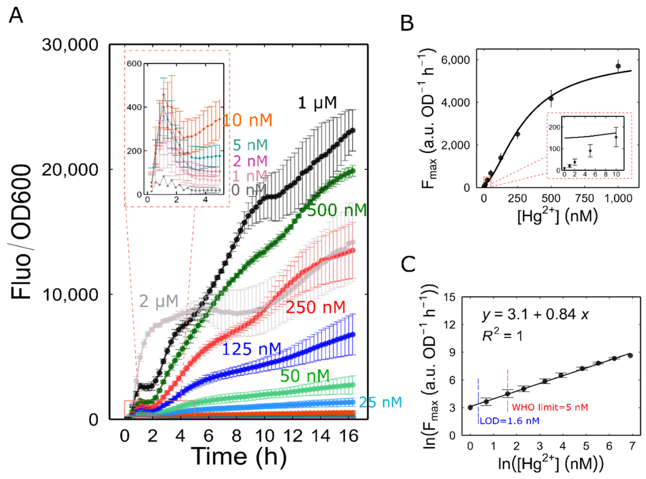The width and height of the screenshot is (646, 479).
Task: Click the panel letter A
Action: tap(16, 16)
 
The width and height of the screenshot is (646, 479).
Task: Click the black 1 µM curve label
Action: tap(317, 103)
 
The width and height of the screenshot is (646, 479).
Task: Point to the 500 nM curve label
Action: tap(337, 210)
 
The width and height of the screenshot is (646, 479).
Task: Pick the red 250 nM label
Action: tap(315, 307)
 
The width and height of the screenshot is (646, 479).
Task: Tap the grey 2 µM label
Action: tap(159, 301)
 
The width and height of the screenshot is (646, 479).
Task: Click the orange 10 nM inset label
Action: tap(248, 120)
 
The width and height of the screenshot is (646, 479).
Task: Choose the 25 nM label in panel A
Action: tap(380, 402)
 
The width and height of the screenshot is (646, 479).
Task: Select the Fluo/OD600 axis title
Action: tap(21, 232)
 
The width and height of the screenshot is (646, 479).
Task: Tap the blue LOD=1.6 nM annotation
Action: tap(509, 421)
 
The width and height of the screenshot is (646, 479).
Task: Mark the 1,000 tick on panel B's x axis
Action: tap(618, 199)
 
